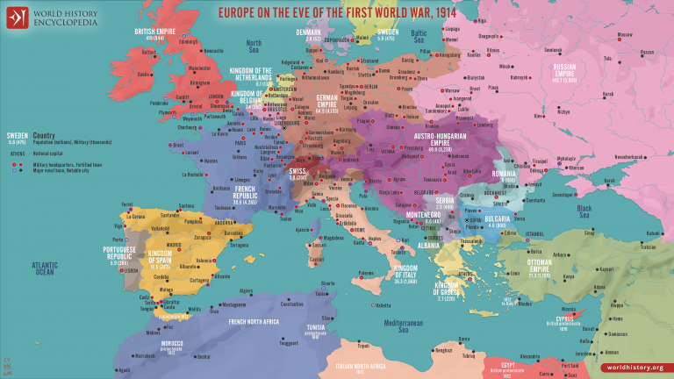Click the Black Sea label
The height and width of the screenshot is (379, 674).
click(583, 208)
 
